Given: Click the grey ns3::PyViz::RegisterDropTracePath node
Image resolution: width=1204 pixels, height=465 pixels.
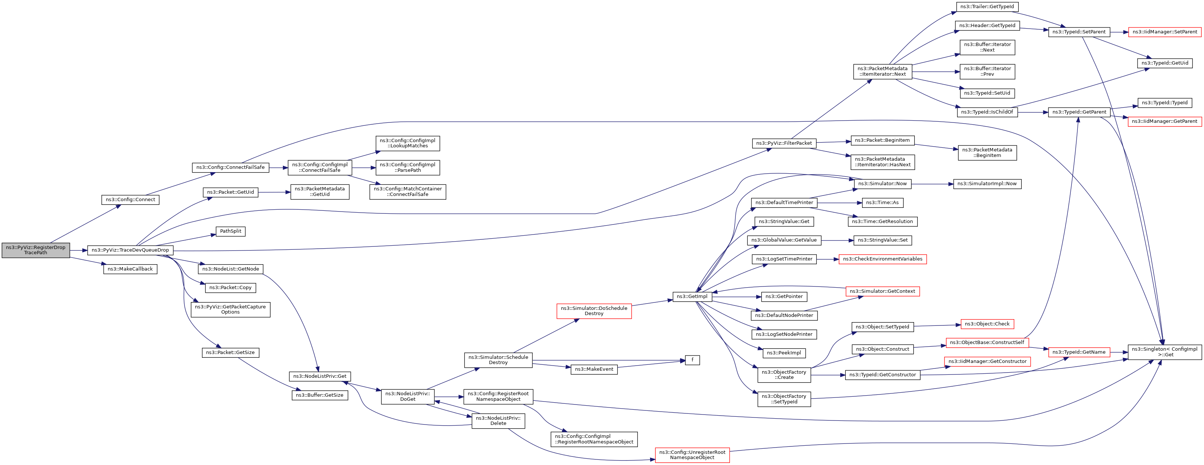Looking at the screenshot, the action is pyautogui.click(x=36, y=250).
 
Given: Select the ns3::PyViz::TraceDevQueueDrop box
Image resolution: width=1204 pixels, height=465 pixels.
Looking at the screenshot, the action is pyautogui.click(x=130, y=250).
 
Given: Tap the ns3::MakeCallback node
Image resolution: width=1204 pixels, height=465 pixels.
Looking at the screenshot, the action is pyautogui.click(x=130, y=269).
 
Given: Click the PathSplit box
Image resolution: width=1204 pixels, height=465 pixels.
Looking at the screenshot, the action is pyautogui.click(x=231, y=231).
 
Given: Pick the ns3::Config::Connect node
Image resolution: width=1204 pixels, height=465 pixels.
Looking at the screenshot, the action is pyautogui.click(x=130, y=200).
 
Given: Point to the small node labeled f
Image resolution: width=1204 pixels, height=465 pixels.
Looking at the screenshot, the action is pyautogui.click(x=692, y=360).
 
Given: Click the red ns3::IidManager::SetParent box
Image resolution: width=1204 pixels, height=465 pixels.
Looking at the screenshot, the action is pyautogui.click(x=1165, y=32).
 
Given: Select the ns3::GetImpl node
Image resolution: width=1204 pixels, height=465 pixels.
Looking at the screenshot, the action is pyautogui.click(x=692, y=297).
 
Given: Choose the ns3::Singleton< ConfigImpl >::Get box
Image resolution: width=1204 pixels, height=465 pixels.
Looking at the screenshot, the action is pyautogui.click(x=1165, y=352).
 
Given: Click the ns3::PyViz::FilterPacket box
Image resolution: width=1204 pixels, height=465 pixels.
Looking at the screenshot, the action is pyautogui.click(x=784, y=143).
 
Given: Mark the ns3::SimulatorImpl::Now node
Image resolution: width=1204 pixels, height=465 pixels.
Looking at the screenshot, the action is pyautogui.click(x=987, y=184).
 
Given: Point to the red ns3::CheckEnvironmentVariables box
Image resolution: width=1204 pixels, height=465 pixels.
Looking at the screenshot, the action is pyautogui.click(x=882, y=259).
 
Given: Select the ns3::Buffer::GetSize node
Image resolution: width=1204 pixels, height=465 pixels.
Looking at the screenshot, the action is pyautogui.click(x=320, y=395).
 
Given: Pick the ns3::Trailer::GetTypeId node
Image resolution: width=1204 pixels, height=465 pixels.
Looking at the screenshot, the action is pyautogui.click(x=987, y=7).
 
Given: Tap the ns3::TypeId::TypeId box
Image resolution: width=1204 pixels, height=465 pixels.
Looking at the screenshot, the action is pyautogui.click(x=1165, y=103).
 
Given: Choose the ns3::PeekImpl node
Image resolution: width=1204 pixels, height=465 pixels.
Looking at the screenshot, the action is pyautogui.click(x=784, y=353).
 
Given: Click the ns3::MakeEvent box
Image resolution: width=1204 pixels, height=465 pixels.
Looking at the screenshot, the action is pyautogui.click(x=594, y=369).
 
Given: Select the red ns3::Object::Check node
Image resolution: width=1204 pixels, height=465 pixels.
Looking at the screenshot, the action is pyautogui.click(x=987, y=324).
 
